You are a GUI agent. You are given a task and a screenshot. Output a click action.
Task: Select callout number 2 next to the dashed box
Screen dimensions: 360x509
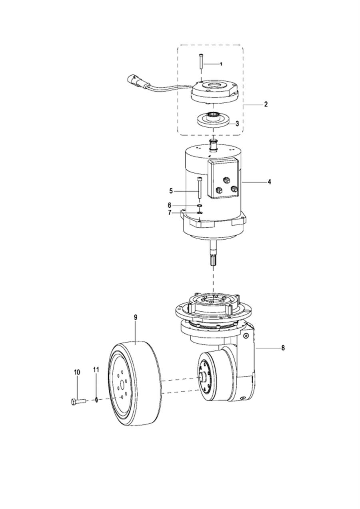[x=266, y=104]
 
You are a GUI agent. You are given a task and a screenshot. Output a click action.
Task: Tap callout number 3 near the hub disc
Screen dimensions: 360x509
[x=237, y=124]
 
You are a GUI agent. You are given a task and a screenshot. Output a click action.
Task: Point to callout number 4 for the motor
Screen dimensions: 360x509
[x=269, y=182]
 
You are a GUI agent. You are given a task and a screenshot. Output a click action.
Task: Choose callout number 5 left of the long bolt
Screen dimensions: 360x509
[x=171, y=191]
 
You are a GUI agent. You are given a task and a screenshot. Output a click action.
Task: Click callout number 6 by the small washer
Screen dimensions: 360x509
[x=170, y=205]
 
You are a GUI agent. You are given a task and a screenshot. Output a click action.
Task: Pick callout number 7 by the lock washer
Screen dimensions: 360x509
[x=170, y=213]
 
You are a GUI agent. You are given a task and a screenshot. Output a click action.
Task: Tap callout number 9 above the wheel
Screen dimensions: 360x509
[x=136, y=317]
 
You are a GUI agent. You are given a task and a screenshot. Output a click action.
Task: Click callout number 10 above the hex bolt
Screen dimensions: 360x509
[x=77, y=372]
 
